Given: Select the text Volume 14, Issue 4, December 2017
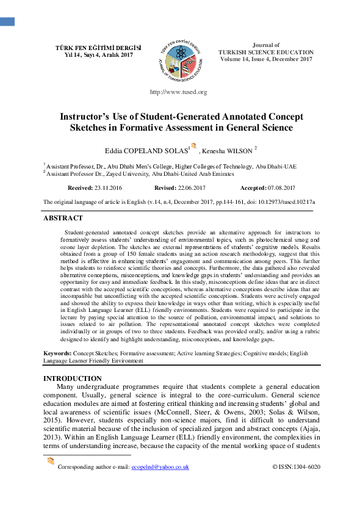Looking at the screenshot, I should click(266, 59).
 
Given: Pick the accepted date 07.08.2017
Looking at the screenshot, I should click(276, 188).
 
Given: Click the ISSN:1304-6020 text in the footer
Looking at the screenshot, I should click(296, 467).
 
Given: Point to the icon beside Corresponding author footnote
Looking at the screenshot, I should click(51, 461).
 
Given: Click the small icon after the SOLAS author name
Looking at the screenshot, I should click(194, 147).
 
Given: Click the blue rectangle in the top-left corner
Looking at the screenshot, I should click(7, 22).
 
